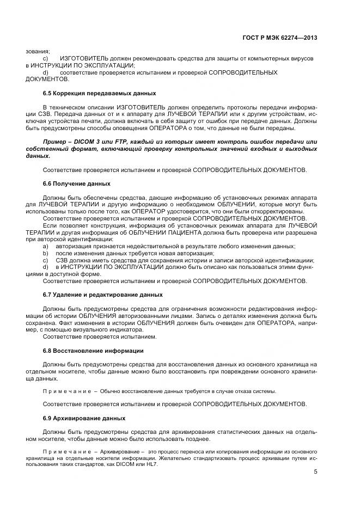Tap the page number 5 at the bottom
(315, 471)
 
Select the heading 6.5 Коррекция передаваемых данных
(99, 93)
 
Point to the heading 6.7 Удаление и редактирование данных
(102, 295)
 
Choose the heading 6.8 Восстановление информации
(93, 350)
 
